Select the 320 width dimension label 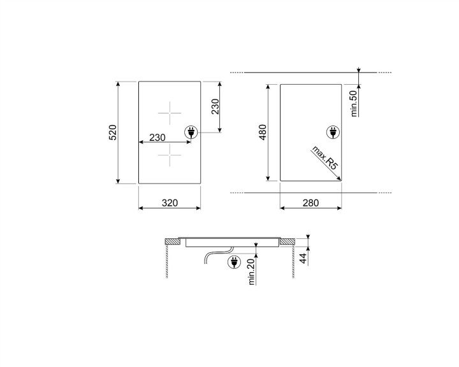coord(170,203)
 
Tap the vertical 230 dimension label coord(215,106)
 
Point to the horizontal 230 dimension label coord(157,138)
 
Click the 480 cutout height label coord(263,133)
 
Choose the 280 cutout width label coord(310,203)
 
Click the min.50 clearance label coord(354,103)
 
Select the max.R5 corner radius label coord(324,157)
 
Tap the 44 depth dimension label coord(304,258)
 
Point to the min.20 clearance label coord(251,272)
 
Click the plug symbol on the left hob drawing coord(191,133)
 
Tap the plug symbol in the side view coord(233,261)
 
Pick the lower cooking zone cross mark coord(170,155)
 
